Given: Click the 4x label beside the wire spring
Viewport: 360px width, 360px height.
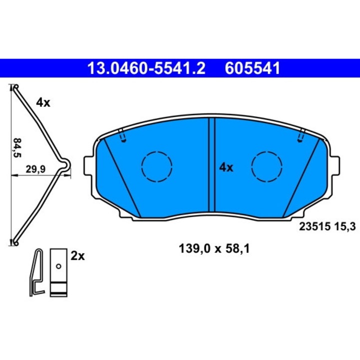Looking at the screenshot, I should tap(43, 102).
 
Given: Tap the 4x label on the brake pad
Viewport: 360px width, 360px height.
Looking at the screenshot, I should tap(226, 167).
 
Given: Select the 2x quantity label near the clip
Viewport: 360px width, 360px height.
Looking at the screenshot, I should tap(78, 256).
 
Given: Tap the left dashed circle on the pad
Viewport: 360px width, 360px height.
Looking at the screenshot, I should tap(157, 166).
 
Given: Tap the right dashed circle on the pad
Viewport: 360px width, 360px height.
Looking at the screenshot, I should tap(267, 166).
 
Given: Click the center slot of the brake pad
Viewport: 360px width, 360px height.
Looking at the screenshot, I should tap(211, 165).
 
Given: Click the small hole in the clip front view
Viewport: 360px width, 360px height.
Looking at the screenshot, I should tap(59, 266).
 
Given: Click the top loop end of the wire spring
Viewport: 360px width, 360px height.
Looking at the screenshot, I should tap(16, 88).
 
